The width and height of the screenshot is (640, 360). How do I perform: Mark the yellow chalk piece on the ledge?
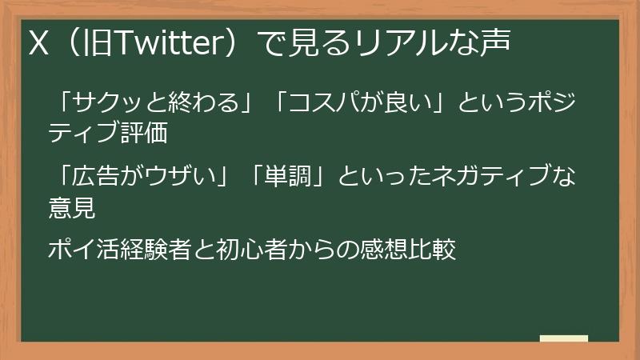tap(563, 338)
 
